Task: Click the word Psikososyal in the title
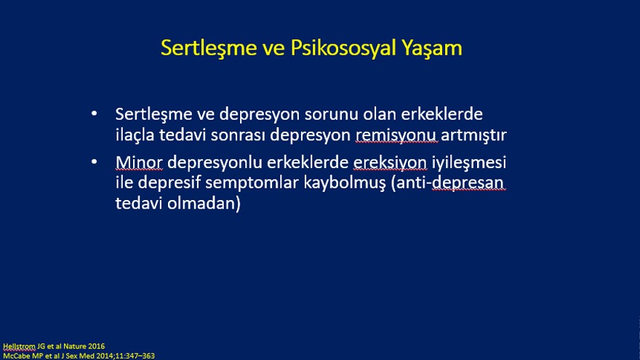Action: [x=343, y=48]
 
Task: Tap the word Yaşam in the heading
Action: [x=432, y=49]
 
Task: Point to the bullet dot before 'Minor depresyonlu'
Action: [x=95, y=162]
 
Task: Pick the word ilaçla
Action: [x=135, y=135]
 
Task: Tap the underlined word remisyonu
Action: [x=396, y=135]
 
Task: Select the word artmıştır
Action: [x=474, y=135]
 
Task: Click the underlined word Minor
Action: [x=139, y=162]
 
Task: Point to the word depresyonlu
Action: [x=215, y=163]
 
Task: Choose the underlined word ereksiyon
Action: [x=390, y=163]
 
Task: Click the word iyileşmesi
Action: [x=469, y=163]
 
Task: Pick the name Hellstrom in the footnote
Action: [x=19, y=346]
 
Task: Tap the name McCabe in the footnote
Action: [x=15, y=356]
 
